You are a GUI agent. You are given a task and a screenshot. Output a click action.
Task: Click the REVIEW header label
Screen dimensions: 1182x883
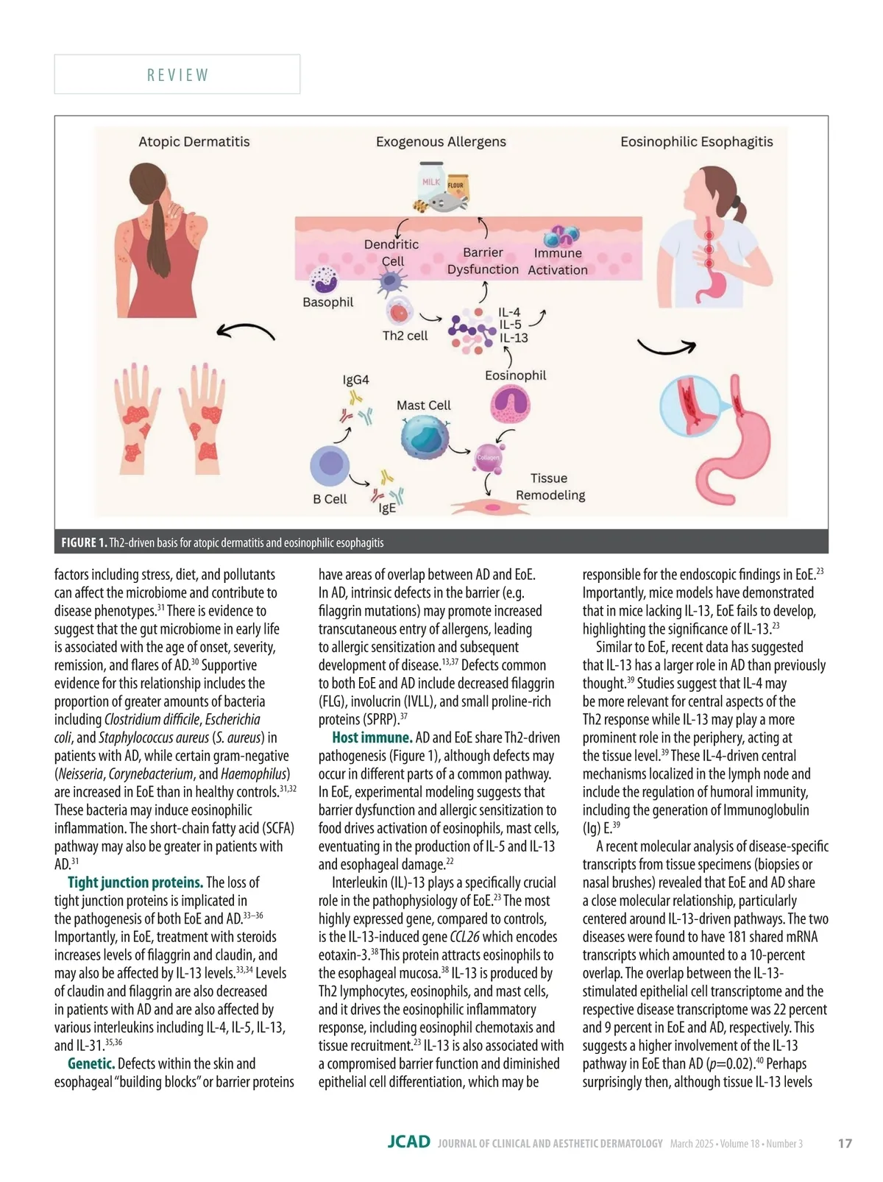point(177,75)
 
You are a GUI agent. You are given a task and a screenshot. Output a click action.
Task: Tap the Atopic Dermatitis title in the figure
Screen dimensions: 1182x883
point(194,142)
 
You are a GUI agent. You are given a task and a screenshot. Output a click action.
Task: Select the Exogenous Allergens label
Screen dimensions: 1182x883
point(441,142)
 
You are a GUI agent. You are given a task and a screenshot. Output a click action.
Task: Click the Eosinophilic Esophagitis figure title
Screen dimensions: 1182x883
point(696,142)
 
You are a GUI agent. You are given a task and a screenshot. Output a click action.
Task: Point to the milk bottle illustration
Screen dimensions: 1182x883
point(430,181)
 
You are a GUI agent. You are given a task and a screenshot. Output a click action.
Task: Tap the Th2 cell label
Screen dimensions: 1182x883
point(405,336)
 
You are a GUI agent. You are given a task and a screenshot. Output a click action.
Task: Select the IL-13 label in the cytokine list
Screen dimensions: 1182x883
point(514,338)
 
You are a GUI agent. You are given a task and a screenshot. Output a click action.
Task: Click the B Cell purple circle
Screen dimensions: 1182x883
point(329,467)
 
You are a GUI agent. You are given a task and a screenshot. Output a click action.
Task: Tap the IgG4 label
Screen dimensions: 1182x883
point(355,381)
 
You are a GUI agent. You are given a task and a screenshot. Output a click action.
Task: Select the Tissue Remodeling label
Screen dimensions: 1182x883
point(550,486)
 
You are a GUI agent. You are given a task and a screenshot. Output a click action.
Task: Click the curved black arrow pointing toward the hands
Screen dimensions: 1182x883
point(246,333)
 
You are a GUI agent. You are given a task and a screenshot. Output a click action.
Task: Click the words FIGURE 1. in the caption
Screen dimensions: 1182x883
point(84,543)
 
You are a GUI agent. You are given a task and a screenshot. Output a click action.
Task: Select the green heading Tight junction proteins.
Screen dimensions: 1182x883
point(135,882)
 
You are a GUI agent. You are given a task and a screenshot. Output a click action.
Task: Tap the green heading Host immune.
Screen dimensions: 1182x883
point(372,737)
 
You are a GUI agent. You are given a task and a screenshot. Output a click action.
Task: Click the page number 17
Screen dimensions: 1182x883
point(845,1144)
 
